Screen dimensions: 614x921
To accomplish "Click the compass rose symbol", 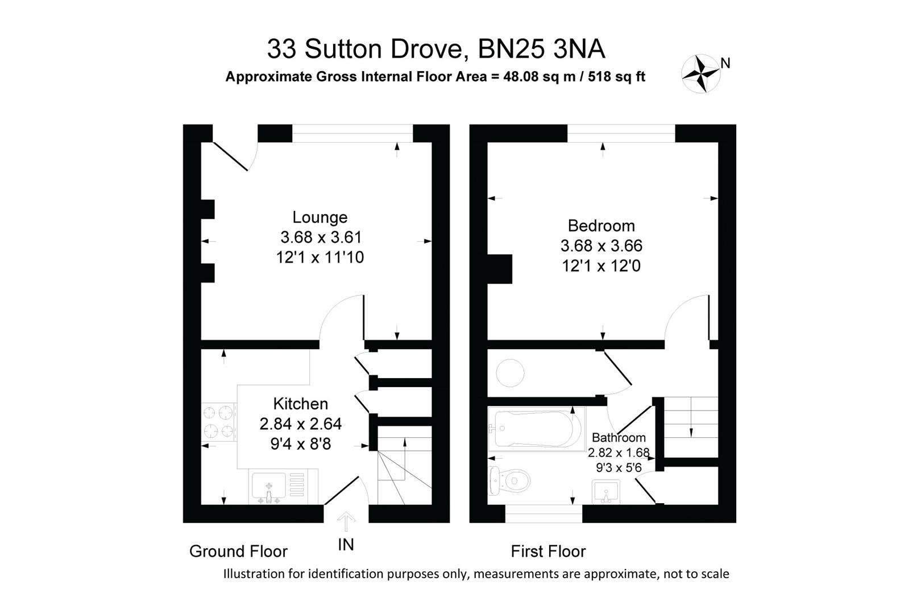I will coord(701,73).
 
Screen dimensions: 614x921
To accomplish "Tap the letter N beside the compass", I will coord(725,63).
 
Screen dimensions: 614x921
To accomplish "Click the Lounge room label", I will coord(320,217).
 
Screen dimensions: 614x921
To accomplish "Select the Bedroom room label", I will coord(601,226).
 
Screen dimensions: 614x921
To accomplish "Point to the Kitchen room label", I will coord(300,404).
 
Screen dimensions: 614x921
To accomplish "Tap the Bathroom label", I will coord(619,438).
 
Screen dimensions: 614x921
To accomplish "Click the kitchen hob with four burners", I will coord(219,421).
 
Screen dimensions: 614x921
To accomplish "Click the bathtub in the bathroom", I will coord(536,430).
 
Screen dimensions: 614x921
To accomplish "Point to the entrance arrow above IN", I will coord(346,521).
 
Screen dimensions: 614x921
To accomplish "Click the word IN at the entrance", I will coord(346,545).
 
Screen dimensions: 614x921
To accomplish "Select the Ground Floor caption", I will coord(238,551).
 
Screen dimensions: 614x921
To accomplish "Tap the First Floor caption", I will coord(548,551).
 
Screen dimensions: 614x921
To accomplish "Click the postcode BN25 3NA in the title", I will coord(541,49).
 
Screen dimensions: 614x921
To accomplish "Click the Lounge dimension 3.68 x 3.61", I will coord(321,237).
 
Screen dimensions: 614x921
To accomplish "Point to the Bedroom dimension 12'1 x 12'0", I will coord(601,266).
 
